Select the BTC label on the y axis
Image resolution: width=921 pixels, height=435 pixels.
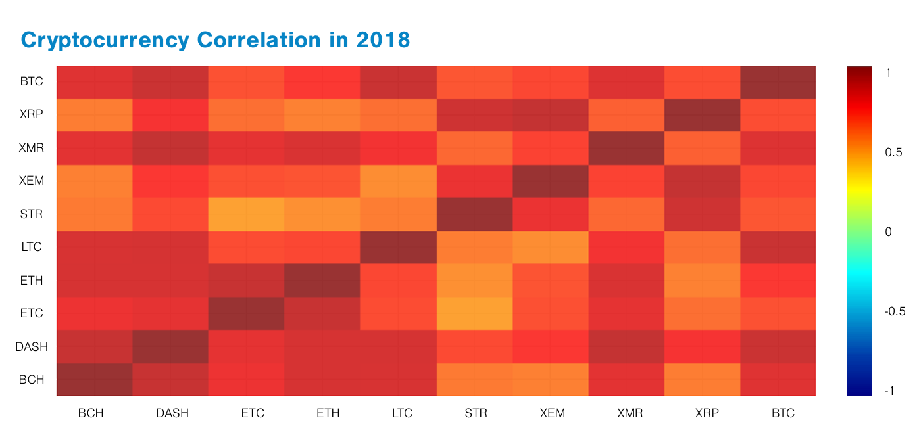(x=32, y=82)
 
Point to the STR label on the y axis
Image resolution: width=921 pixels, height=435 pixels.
(x=32, y=214)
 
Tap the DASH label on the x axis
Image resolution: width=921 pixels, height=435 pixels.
(x=172, y=413)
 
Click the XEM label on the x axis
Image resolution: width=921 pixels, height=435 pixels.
(x=552, y=413)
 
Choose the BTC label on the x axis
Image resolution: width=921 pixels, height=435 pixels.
(x=782, y=413)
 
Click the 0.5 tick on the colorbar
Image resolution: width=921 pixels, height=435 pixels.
(x=893, y=152)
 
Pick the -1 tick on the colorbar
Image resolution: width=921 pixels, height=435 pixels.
(x=889, y=391)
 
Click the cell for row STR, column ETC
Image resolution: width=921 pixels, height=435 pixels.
(x=246, y=214)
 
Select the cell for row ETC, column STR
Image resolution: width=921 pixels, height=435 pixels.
(x=474, y=313)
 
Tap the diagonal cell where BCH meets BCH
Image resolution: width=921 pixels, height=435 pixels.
(x=94, y=379)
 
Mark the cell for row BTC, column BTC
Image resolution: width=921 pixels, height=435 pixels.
(x=778, y=82)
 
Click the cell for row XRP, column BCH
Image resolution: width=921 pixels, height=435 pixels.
(x=94, y=115)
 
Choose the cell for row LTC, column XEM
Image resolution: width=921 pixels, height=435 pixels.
(x=550, y=247)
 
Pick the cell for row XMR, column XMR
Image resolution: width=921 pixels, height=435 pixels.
(x=626, y=148)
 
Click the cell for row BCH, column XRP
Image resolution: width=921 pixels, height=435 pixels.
(x=702, y=379)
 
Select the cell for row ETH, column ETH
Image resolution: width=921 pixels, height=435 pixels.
(x=322, y=280)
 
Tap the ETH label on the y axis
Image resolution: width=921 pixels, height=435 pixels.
(x=32, y=281)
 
